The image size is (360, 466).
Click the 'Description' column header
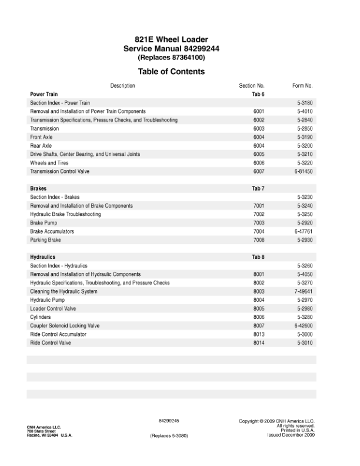point(122,86)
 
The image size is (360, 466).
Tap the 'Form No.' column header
point(302,86)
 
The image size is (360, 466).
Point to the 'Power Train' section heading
point(44,94)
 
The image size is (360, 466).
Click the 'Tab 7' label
point(258,189)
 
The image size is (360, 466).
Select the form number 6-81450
point(304,171)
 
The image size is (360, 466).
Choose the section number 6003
point(259,128)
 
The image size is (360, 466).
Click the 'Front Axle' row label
point(41,137)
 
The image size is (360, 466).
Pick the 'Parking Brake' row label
point(45,240)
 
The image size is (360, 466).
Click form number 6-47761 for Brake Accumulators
point(304,232)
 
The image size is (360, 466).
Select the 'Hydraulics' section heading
point(42,258)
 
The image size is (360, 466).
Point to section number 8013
point(259,334)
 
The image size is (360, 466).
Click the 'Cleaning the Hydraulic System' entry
point(64,291)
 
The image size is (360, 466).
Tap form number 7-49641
point(304,291)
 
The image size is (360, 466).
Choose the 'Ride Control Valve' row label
point(51,343)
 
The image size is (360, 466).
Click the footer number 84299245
point(169,421)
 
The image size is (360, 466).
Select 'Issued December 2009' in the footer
point(291,435)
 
